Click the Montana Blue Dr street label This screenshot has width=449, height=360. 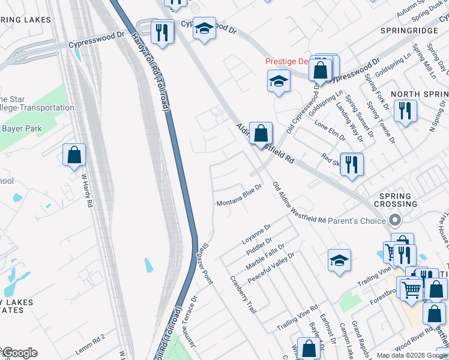tap(240, 196)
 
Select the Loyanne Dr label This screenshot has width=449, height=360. tap(256, 233)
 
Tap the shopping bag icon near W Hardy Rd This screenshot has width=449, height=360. tap(74, 155)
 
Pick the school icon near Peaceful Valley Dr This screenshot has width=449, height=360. tap(339, 261)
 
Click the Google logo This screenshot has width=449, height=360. tap(20, 353)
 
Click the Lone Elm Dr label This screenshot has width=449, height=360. tap(330, 131)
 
